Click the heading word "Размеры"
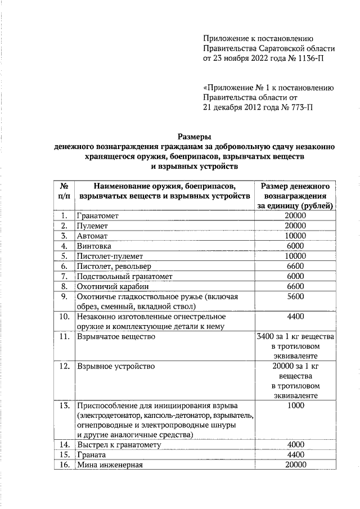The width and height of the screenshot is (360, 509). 194,136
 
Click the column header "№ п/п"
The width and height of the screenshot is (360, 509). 64,191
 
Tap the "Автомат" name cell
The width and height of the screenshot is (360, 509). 92,236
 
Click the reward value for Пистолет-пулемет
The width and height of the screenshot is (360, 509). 295,256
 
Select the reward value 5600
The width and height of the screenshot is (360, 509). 295,296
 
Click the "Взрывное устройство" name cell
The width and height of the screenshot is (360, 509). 115,366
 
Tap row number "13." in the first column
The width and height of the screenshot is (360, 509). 64,406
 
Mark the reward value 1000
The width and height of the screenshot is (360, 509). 295,406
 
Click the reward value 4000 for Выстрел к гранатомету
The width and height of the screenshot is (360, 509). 295,445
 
